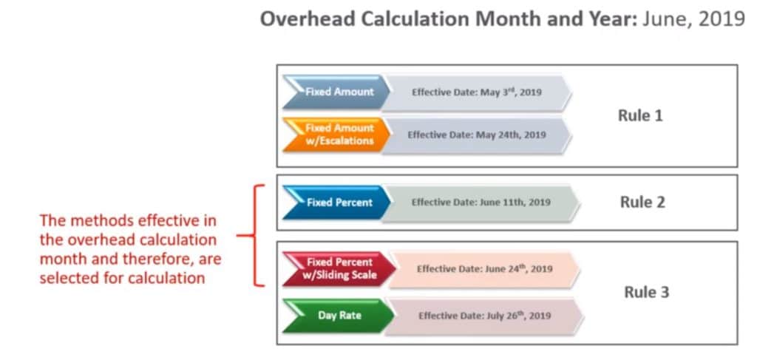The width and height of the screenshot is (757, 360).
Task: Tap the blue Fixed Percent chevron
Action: (337, 202)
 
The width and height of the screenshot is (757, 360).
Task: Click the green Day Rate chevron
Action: (339, 316)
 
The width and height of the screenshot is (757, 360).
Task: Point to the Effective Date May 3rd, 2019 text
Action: (477, 92)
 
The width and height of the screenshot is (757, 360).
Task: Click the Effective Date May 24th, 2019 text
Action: (477, 135)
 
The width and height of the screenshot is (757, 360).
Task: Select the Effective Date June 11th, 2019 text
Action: (481, 202)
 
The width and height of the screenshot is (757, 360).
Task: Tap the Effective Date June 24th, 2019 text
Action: (484, 269)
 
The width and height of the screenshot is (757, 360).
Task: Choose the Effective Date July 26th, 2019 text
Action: (485, 316)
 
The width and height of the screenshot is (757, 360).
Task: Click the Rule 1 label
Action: (639, 116)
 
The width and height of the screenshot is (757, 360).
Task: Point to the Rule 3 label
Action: (645, 292)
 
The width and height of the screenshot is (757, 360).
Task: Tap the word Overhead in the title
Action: (299, 19)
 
